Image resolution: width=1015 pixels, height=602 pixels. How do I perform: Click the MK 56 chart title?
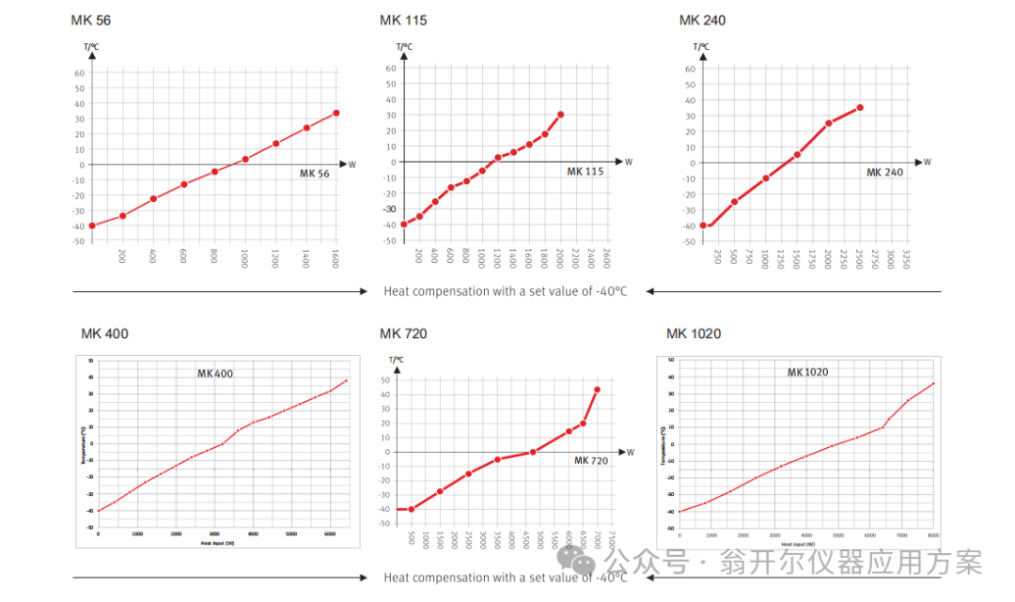[x=90, y=20]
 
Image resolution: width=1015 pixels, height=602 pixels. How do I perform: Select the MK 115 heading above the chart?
[x=402, y=20]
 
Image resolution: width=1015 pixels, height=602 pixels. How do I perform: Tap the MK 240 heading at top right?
[x=702, y=20]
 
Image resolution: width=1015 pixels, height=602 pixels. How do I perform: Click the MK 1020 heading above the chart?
[x=694, y=333]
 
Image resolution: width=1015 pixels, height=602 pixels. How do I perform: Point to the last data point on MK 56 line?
[x=336, y=113]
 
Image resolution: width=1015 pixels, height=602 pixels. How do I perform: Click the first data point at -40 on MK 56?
[x=92, y=225]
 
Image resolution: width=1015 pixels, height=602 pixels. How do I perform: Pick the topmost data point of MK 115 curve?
[x=560, y=115]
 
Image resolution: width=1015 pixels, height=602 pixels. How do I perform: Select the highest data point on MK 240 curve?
[x=859, y=108]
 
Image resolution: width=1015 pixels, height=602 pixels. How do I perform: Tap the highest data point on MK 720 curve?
[x=597, y=389]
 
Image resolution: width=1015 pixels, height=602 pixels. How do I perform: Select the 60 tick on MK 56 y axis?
[x=80, y=72]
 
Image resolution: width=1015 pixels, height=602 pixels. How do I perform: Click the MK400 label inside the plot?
[x=215, y=374]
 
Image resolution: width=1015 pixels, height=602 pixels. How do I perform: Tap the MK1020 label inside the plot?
[x=807, y=372]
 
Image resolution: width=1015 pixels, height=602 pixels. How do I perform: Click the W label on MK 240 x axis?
[x=927, y=162]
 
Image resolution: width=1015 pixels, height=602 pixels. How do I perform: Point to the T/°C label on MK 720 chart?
[x=397, y=359]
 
